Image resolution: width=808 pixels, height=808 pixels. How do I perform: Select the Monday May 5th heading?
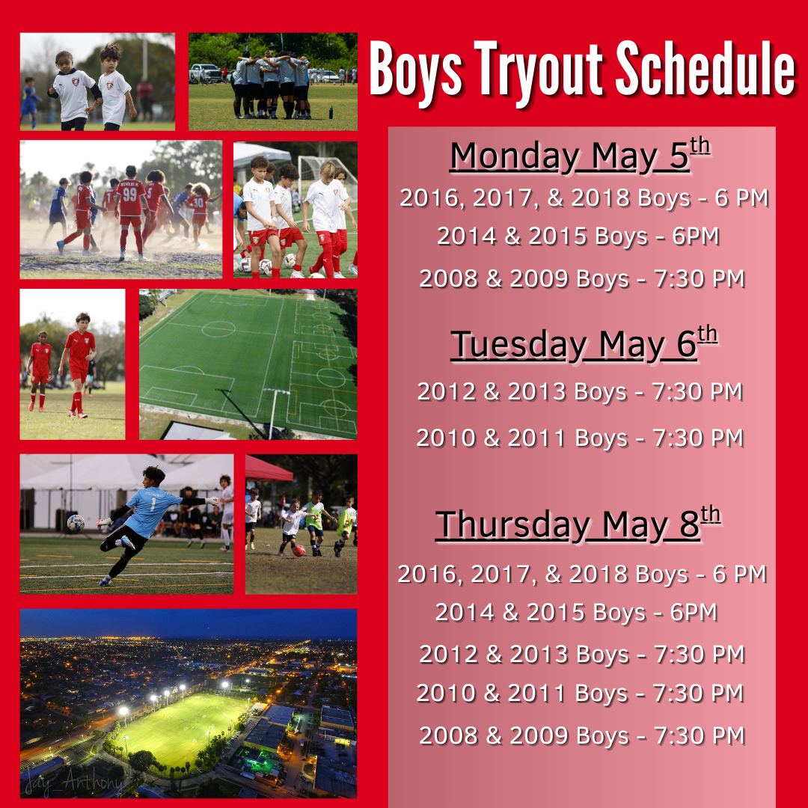[x=581, y=155]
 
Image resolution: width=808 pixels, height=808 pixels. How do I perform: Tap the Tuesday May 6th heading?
[x=584, y=343]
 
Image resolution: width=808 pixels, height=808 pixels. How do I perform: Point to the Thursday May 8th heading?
[x=578, y=523]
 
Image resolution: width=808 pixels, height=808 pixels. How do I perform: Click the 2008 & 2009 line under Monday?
[x=582, y=279]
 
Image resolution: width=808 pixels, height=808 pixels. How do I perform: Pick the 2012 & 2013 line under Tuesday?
[x=581, y=391]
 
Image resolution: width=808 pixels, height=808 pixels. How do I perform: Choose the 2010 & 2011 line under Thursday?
[x=581, y=693]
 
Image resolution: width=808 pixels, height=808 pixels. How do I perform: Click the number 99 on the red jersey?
[x=129, y=195]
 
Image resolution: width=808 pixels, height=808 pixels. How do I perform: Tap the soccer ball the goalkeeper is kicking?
[x=76, y=523]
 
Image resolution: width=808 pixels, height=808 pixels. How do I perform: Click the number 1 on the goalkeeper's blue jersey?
[x=153, y=504]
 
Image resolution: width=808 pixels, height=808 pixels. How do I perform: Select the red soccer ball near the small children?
[x=299, y=551]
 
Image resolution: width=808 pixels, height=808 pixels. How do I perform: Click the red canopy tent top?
[x=268, y=469]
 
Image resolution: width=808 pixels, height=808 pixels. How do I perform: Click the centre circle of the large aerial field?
[x=218, y=328]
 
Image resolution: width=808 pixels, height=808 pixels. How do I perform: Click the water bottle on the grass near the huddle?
[x=331, y=111]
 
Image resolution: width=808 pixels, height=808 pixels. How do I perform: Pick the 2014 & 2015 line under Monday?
[x=578, y=236]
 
